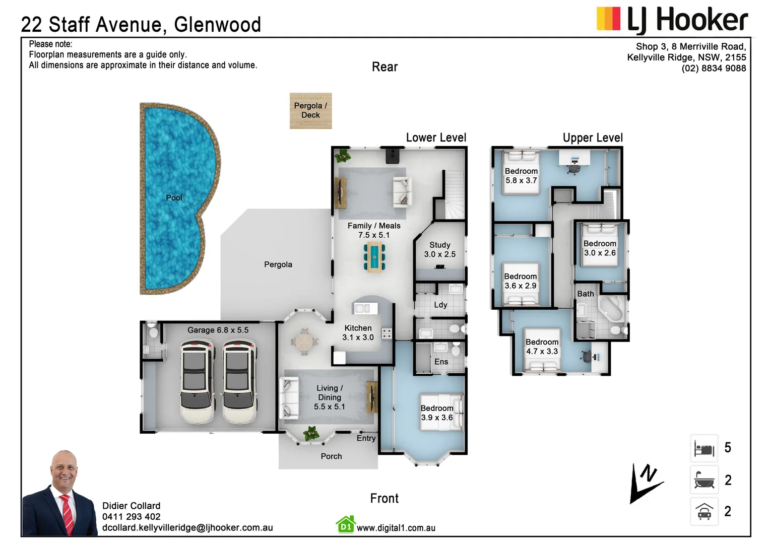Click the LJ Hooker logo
click(672, 20)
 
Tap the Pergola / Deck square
click(310, 110)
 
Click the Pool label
click(174, 198)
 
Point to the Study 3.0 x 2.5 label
click(439, 250)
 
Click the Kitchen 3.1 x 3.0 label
click(358, 333)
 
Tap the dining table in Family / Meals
click(374, 257)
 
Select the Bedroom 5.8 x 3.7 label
click(521, 176)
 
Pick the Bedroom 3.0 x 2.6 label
click(600, 248)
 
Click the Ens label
click(441, 362)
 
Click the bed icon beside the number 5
click(704, 448)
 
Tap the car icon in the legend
click(704, 511)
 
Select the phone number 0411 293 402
click(131, 517)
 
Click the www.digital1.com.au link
click(396, 528)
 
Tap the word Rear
click(384, 67)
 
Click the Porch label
click(331, 456)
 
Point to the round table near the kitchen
click(304, 342)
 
